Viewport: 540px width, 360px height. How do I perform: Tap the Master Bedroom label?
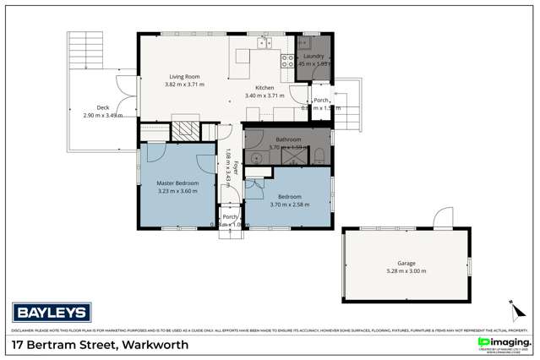(177, 183)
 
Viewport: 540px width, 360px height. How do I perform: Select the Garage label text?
(407, 263)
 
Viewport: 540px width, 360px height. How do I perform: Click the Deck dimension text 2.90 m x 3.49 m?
(103, 114)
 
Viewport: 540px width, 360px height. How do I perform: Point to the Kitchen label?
(265, 88)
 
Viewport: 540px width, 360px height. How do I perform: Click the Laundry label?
(314, 56)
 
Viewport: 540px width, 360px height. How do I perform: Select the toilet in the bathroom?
(320, 155)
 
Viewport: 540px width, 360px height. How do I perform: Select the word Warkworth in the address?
(155, 345)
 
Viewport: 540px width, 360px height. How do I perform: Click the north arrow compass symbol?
(511, 308)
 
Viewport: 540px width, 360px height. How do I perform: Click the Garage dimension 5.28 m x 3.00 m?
(407, 271)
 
